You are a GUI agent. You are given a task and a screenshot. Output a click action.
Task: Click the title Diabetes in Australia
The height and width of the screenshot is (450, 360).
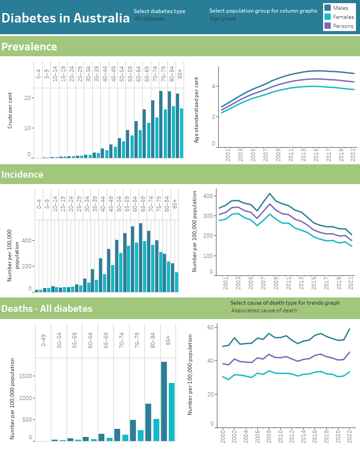pyautogui.click(x=65, y=18)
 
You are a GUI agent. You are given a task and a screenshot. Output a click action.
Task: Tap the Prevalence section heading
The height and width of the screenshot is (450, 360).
pyautogui.click(x=29, y=47)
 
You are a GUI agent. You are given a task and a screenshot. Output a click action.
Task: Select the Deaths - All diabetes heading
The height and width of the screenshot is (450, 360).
pyautogui.click(x=47, y=308)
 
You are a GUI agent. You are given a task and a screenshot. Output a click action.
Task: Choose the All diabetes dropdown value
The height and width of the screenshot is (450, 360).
pyautogui.click(x=149, y=19)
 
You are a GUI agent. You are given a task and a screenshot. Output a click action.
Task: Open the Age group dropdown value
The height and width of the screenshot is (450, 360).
pyautogui.click(x=223, y=19)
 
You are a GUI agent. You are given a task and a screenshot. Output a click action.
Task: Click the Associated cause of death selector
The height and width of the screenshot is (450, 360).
pyautogui.click(x=264, y=310)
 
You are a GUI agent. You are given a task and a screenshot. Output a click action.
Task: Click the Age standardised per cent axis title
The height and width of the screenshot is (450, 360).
pyautogui.click(x=197, y=110)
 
